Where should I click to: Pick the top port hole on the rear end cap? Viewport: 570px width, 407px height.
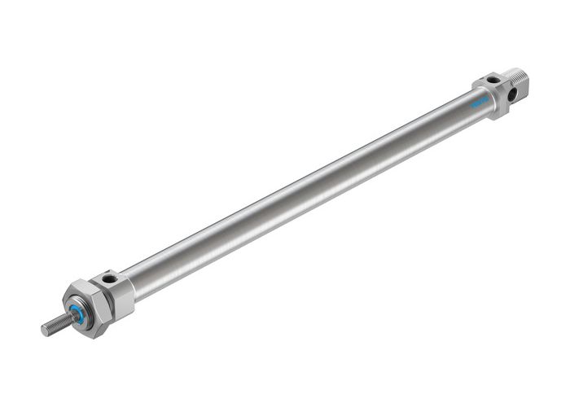493,80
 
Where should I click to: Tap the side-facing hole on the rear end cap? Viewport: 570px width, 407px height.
511,94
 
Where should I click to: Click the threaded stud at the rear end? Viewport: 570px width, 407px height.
519,81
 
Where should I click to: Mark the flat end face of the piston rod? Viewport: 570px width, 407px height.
45,329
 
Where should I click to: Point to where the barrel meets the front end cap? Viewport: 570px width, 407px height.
133,287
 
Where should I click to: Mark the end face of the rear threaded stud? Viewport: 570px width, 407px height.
527,79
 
